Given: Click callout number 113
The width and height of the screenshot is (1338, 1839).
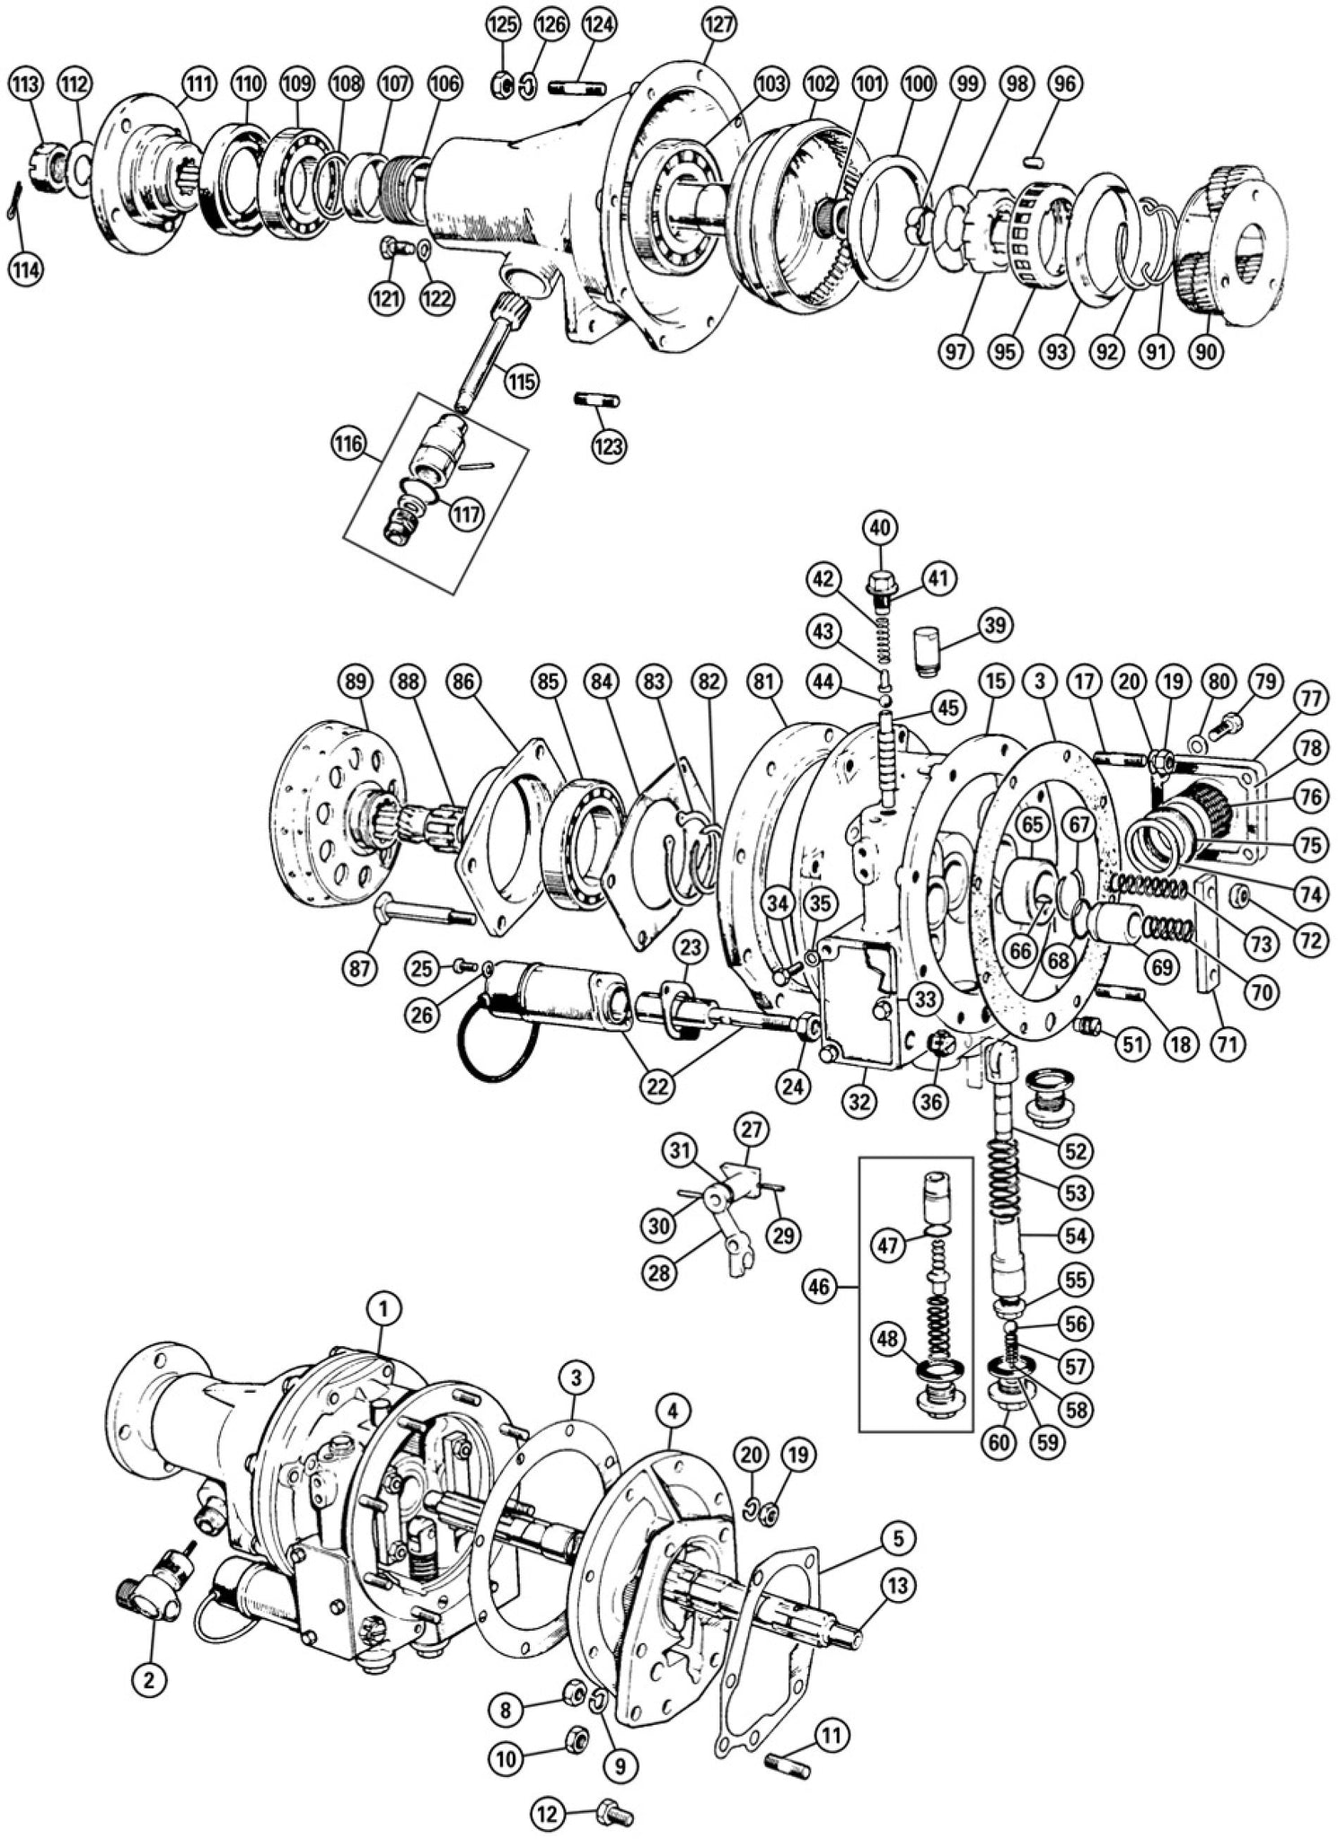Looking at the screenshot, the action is (26, 86).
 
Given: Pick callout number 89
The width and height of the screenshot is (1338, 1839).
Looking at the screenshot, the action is (357, 682).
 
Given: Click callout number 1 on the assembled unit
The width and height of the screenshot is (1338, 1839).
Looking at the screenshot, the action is (385, 1312).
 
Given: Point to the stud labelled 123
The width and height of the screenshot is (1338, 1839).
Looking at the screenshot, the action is (597, 399).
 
